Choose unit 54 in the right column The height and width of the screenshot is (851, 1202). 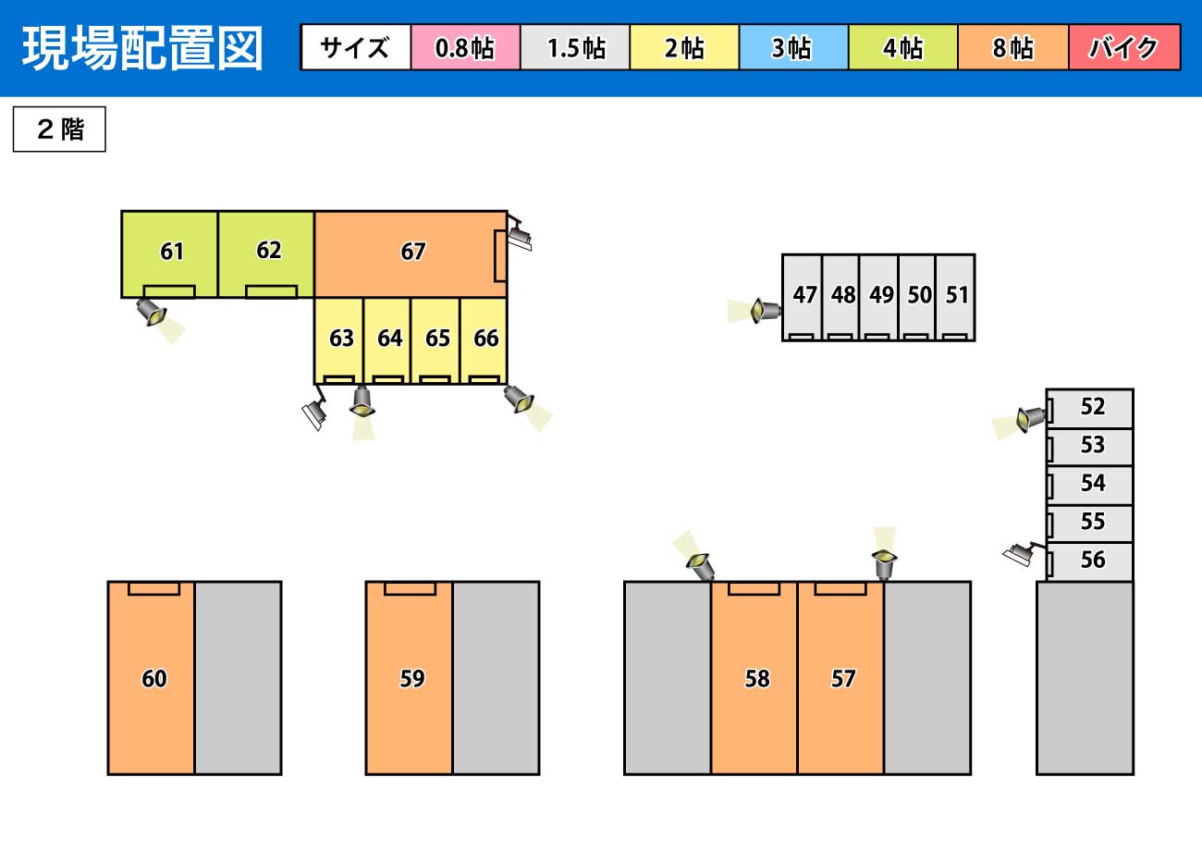[1091, 484]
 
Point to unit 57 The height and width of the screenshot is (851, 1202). [841, 679]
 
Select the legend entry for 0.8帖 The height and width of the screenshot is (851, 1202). [465, 48]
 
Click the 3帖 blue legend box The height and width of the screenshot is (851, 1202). [793, 48]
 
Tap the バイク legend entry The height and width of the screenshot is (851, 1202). [1124, 48]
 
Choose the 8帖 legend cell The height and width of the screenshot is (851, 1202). [1013, 48]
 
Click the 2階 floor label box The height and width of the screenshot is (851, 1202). [59, 129]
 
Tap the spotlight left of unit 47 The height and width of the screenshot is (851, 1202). [763, 310]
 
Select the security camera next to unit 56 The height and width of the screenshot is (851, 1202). [1021, 554]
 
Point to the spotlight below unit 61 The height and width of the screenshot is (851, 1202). [152, 312]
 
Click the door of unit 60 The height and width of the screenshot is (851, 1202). [153, 588]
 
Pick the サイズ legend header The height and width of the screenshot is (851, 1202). [356, 48]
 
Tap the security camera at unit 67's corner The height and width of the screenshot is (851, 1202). [519, 238]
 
